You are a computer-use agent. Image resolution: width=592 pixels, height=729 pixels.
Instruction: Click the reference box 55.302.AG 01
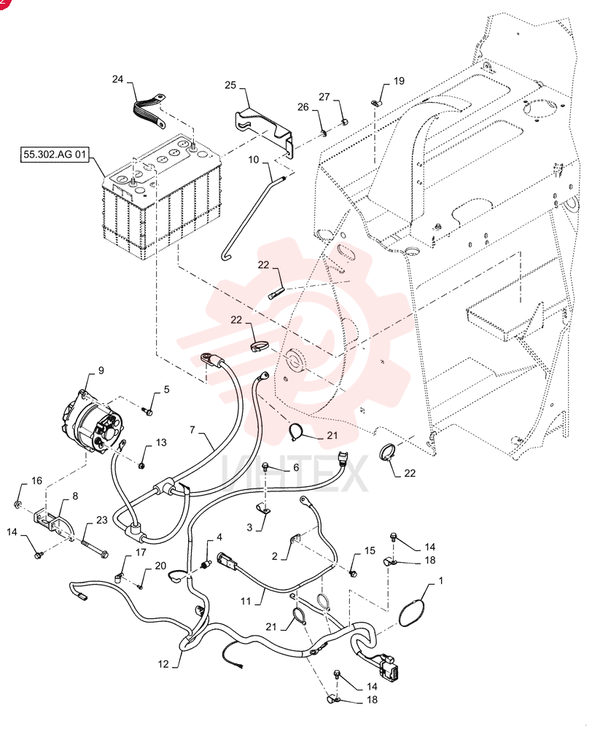tap(55, 155)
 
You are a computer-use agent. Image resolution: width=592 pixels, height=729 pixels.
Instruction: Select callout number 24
tap(117, 79)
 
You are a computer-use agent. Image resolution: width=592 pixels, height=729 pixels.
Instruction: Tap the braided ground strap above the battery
tap(148, 111)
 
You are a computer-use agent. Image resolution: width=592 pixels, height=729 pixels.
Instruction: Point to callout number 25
tap(230, 85)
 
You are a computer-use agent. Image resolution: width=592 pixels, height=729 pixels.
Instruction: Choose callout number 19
tap(399, 81)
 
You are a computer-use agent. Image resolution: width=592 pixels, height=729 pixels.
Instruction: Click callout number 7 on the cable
tap(192, 429)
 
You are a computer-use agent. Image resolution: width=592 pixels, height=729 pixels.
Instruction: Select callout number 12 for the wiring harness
tap(163, 664)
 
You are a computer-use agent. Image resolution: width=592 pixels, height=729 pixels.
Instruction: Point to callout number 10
tap(254, 160)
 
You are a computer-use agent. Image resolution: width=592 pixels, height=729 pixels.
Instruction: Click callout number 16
tap(36, 480)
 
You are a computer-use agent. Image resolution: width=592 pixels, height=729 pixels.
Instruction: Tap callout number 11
tap(246, 601)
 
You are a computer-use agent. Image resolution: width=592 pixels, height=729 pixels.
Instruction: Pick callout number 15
tap(370, 550)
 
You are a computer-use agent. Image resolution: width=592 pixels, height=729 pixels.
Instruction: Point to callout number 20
tap(160, 566)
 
